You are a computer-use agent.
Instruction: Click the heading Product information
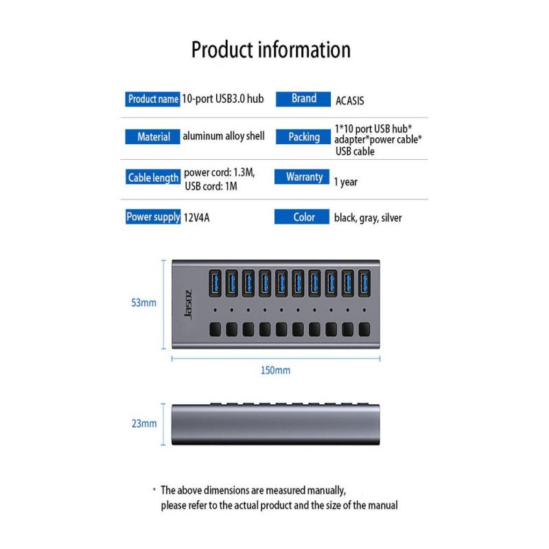[270, 50]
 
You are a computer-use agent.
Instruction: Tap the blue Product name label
[153, 99]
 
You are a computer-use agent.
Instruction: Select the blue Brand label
[303, 99]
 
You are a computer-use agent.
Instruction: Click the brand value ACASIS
[350, 101]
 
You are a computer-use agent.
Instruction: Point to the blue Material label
[153, 137]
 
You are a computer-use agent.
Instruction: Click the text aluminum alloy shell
[224, 136]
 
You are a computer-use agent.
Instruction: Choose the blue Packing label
[303, 137]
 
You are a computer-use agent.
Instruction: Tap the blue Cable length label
[153, 178]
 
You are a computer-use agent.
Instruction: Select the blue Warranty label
[303, 177]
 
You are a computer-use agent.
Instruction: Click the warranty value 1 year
[345, 183]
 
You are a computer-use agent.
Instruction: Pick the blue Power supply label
[153, 217]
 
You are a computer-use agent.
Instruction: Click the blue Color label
[303, 217]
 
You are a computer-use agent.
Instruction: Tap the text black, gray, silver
[368, 218]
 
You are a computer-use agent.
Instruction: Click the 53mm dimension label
[144, 303]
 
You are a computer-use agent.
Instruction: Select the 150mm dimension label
[276, 371]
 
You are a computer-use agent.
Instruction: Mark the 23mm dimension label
[144, 423]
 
